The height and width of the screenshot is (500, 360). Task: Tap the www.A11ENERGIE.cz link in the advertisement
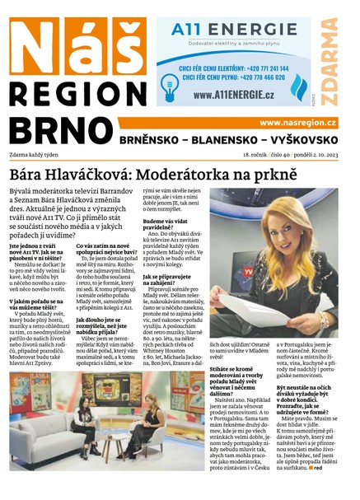coord(236,96)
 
